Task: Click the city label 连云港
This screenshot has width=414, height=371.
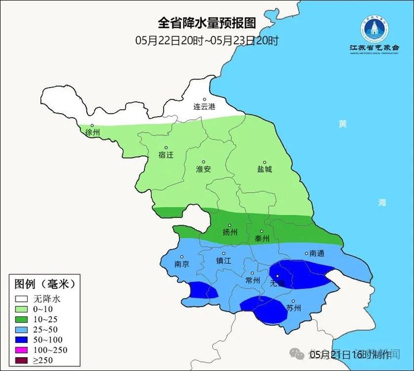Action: (x=204, y=107)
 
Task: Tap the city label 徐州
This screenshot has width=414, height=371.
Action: (x=92, y=133)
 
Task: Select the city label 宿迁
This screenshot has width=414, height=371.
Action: (x=165, y=155)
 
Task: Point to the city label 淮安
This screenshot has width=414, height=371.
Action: (x=204, y=169)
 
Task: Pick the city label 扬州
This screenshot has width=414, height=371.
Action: (x=230, y=232)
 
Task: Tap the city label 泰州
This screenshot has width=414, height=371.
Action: (x=262, y=238)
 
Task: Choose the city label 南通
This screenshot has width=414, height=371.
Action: (x=317, y=253)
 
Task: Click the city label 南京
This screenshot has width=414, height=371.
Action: (x=182, y=264)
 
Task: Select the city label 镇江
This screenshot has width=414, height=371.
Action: (x=223, y=260)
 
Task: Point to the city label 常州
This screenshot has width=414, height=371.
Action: (x=252, y=280)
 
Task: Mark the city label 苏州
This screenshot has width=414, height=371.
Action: (x=294, y=308)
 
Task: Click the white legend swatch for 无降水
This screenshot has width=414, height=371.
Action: (x=22, y=299)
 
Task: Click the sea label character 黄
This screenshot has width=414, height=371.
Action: (x=343, y=124)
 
